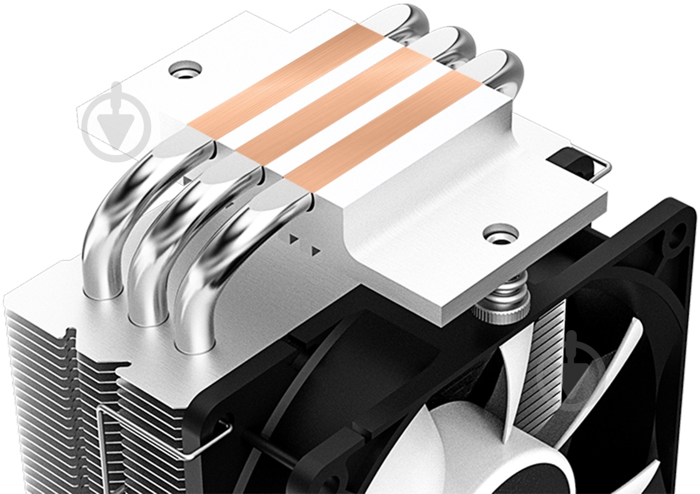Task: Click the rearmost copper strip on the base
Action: (285, 79)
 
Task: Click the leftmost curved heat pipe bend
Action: (125, 206)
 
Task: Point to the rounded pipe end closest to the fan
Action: (503, 72)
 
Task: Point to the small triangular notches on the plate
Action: (303, 244)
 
